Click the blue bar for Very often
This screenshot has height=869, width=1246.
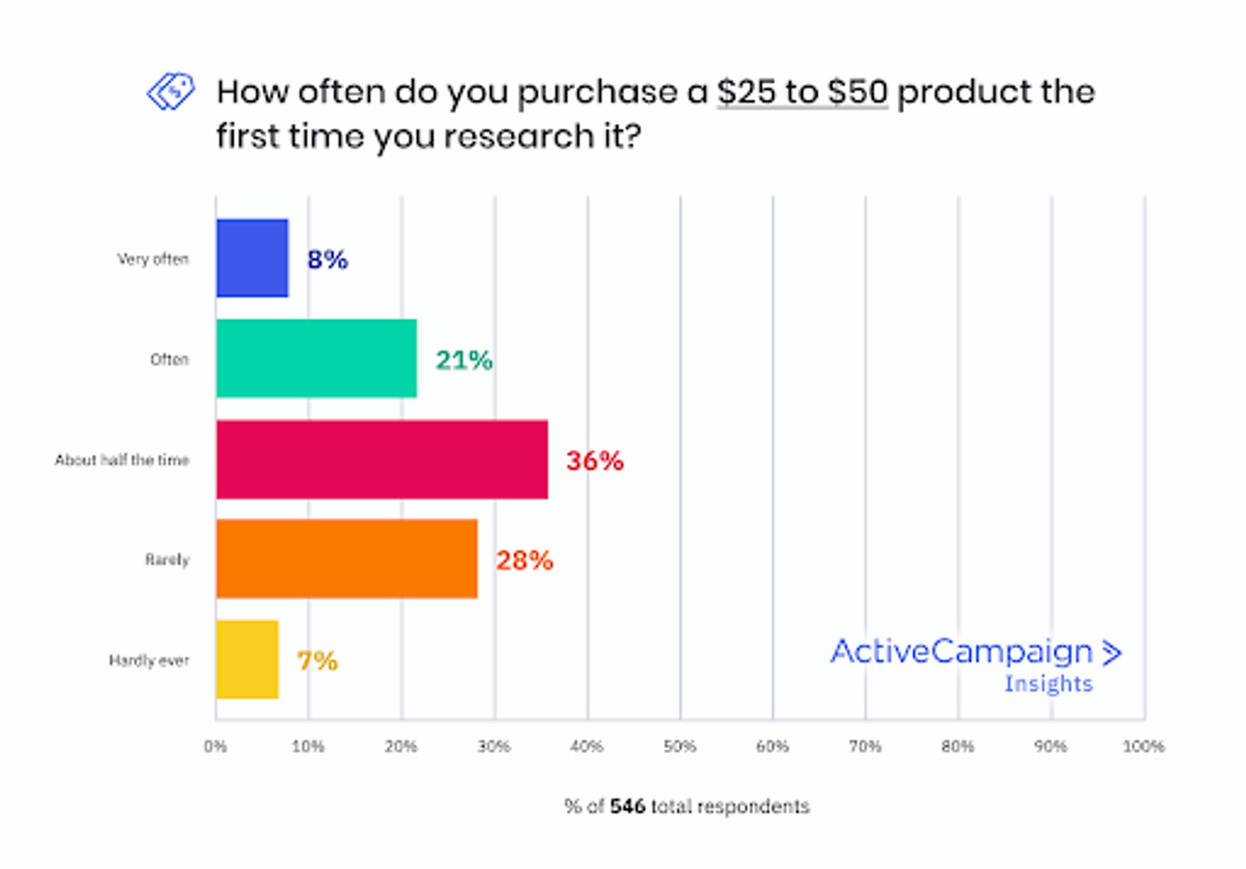(x=252, y=259)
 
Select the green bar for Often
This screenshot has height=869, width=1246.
(x=316, y=359)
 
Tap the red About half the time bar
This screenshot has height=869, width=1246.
(x=382, y=459)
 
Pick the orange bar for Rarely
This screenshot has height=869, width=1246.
(x=347, y=559)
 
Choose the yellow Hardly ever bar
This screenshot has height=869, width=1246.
(x=247, y=660)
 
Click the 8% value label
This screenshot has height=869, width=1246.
(x=327, y=259)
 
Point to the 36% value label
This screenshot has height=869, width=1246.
(x=594, y=460)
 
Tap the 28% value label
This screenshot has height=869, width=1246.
(x=524, y=560)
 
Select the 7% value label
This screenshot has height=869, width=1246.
(x=317, y=661)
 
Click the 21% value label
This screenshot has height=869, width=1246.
(x=463, y=360)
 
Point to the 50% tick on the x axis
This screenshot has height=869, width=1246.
(x=679, y=746)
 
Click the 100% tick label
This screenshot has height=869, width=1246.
(x=1143, y=746)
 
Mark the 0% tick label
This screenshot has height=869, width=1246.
(x=216, y=746)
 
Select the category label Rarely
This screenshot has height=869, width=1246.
(x=167, y=560)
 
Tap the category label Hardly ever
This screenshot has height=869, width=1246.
(x=149, y=660)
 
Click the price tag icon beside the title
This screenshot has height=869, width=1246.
(x=171, y=92)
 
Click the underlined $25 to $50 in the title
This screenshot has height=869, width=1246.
(x=802, y=93)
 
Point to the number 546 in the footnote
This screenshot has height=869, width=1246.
(x=628, y=806)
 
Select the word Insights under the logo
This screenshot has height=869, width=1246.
(x=1048, y=684)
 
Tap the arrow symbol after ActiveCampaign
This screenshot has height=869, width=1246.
(x=1112, y=653)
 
